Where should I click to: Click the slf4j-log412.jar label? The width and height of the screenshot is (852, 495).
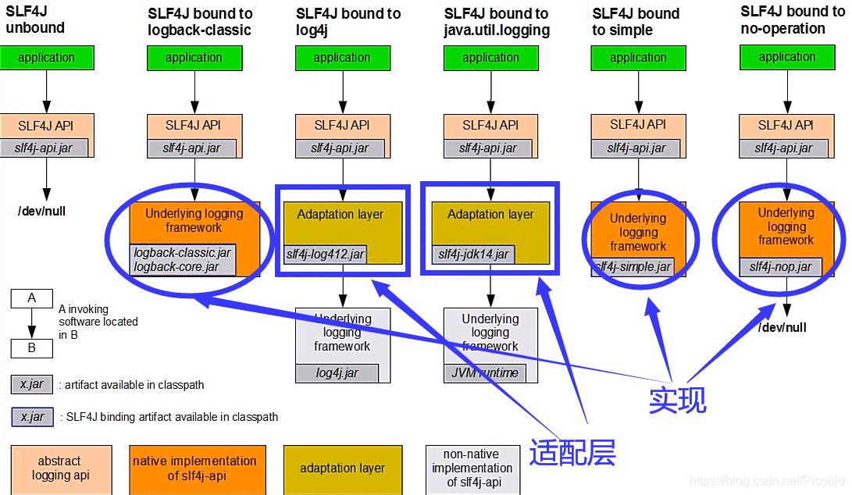326,254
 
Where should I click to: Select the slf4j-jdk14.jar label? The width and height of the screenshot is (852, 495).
473,254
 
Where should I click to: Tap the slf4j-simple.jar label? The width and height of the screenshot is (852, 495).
633,267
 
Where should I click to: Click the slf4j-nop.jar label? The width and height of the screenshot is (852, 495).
780,267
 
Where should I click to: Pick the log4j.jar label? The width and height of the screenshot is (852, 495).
337,373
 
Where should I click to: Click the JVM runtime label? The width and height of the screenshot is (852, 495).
484,373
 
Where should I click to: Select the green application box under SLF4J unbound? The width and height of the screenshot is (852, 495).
47,58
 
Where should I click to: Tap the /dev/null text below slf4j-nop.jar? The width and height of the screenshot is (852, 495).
782,327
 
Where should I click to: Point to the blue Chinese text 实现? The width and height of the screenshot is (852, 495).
678,399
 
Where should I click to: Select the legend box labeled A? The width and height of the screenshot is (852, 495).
31,298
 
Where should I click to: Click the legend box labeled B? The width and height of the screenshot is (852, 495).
31,348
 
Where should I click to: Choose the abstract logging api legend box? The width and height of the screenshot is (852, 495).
60,468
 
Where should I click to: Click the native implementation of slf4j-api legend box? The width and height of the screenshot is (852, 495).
194,468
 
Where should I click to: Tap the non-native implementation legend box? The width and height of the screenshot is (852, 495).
472,468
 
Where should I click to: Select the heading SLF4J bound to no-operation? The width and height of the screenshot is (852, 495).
792,20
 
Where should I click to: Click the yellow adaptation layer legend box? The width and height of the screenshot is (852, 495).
342,468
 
